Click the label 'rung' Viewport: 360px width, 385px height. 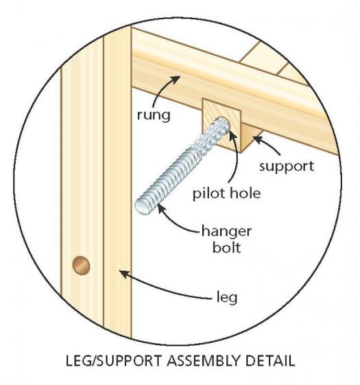(x=154, y=115)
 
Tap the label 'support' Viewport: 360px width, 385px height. (x=287, y=167)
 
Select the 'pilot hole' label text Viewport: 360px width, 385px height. (x=226, y=194)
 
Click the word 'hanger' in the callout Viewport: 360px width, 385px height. (x=226, y=232)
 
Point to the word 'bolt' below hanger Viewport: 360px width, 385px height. (x=226, y=247)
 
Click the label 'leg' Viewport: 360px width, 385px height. (x=227, y=298)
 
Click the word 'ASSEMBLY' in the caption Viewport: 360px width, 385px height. (x=203, y=361)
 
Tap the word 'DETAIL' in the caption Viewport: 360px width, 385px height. (x=269, y=361)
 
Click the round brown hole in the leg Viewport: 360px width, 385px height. (x=81, y=265)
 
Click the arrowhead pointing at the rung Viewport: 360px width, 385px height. (x=176, y=80)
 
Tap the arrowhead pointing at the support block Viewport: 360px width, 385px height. (x=257, y=139)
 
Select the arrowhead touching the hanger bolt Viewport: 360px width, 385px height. (x=160, y=208)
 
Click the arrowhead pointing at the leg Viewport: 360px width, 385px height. (x=124, y=274)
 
